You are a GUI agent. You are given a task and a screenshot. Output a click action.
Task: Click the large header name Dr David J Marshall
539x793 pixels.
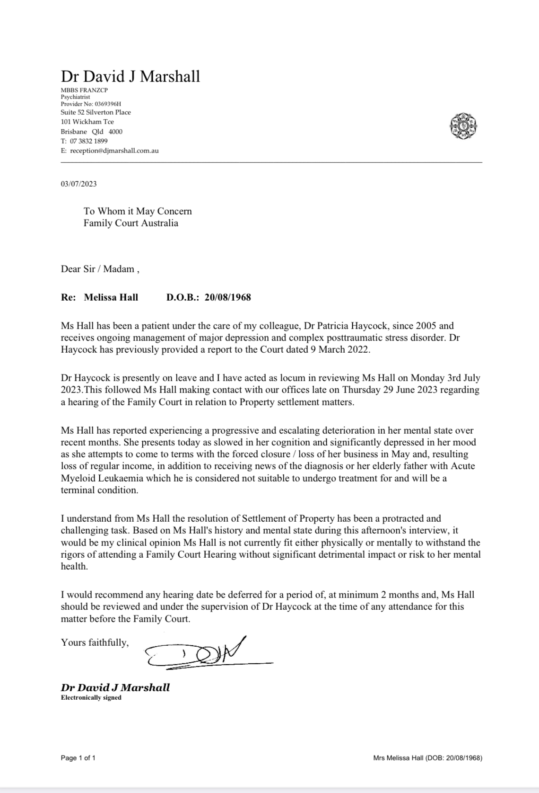tap(130, 76)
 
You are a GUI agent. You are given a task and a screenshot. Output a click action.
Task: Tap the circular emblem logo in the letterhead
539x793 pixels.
tap(463, 126)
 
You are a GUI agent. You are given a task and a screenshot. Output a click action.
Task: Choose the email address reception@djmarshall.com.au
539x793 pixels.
tap(114, 151)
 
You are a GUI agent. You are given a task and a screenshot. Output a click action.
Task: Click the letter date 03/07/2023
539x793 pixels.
tap(78, 184)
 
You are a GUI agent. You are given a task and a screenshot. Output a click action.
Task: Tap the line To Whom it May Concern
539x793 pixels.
tap(138, 211)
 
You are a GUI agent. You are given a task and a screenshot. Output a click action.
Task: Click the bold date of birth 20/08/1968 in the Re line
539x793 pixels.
tap(227, 297)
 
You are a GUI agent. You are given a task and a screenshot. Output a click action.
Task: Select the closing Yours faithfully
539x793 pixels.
tap(95, 642)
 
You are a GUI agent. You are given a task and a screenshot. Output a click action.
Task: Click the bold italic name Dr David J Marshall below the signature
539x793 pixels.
tap(115, 687)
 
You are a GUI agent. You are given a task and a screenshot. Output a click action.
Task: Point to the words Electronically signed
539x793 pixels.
tap(91, 697)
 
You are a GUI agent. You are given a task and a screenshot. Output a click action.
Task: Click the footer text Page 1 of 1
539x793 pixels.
tap(78, 758)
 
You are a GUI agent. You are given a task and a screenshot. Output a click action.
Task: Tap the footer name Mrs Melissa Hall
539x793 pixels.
tap(398, 758)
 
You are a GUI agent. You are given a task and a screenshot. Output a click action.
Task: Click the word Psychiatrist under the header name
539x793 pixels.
tap(75, 97)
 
